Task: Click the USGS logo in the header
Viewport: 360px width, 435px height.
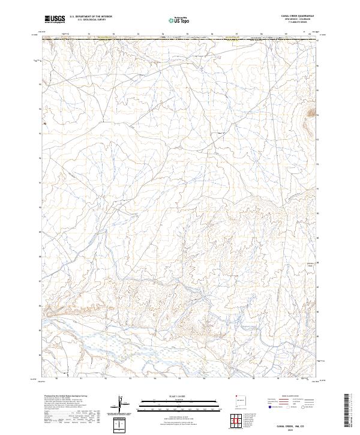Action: point(55,20)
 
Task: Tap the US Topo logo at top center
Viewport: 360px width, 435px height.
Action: point(180,20)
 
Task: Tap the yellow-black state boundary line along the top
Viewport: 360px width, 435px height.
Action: point(180,40)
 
